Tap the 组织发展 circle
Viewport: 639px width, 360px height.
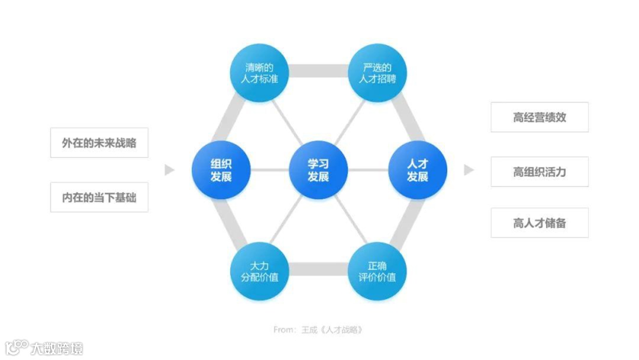tap(221, 171)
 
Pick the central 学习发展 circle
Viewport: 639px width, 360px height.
tap(318, 171)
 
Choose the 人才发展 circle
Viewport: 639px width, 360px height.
tap(417, 171)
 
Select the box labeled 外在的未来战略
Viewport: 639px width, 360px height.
tap(99, 143)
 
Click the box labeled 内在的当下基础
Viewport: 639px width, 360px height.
tap(99, 197)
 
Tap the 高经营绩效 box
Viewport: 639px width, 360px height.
tap(540, 117)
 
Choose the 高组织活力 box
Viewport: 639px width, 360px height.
tap(540, 172)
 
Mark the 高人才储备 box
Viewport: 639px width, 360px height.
tap(540, 223)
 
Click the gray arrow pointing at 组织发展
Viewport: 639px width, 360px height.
tap(170, 171)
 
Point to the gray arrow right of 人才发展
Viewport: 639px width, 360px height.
tap(469, 171)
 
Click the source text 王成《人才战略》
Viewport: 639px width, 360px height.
tap(334, 329)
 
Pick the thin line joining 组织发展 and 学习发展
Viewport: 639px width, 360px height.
tap(270, 171)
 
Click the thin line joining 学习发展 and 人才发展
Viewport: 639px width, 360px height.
tap(367, 171)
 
